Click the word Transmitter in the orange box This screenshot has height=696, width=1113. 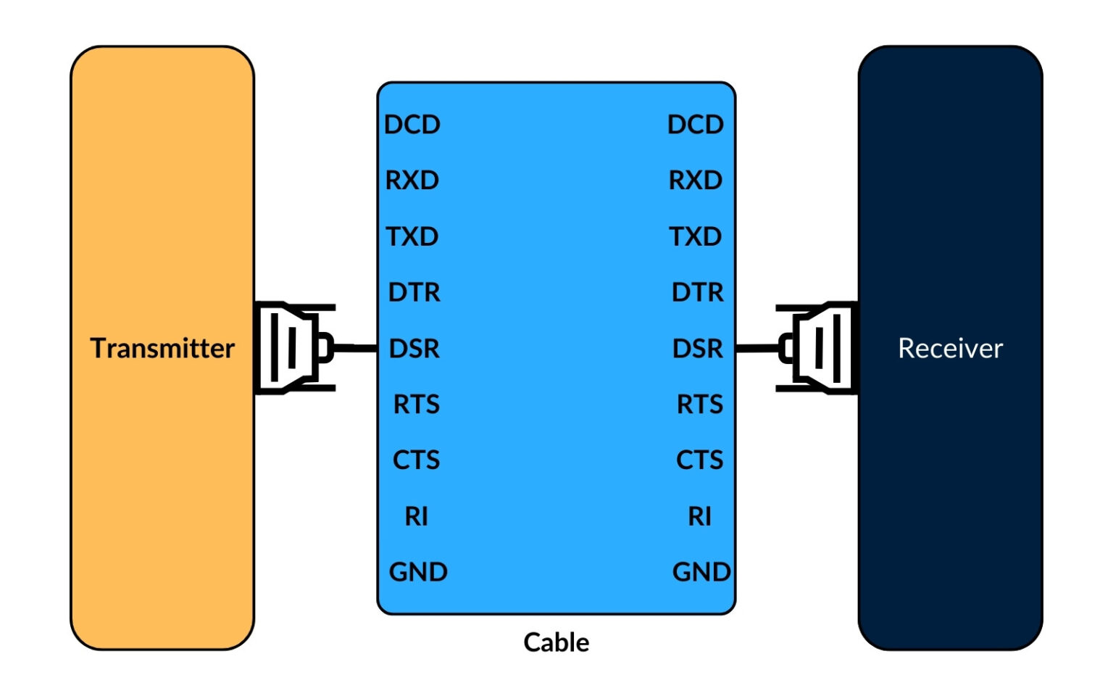click(x=162, y=348)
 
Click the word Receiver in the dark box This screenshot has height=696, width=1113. click(x=950, y=348)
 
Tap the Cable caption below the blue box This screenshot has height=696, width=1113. click(x=556, y=642)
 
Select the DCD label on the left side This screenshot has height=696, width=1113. click(x=412, y=125)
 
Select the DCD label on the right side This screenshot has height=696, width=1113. click(x=696, y=125)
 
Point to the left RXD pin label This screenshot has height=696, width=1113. click(x=412, y=180)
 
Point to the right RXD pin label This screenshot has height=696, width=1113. click(x=696, y=180)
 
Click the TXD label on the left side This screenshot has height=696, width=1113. click(x=412, y=236)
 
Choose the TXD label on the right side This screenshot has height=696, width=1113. click(x=696, y=236)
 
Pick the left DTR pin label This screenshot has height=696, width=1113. click(x=414, y=292)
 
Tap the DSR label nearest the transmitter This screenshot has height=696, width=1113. click(x=414, y=349)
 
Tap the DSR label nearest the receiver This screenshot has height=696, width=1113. click(x=698, y=349)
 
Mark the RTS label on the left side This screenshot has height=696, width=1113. click(x=417, y=404)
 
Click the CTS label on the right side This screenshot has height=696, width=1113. click(x=700, y=460)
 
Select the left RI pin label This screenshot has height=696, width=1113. click(x=417, y=516)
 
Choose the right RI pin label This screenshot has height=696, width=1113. click(x=700, y=516)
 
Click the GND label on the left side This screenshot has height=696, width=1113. click(x=418, y=572)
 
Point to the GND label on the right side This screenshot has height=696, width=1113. click(x=701, y=572)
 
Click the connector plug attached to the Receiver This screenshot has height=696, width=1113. click(x=817, y=348)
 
